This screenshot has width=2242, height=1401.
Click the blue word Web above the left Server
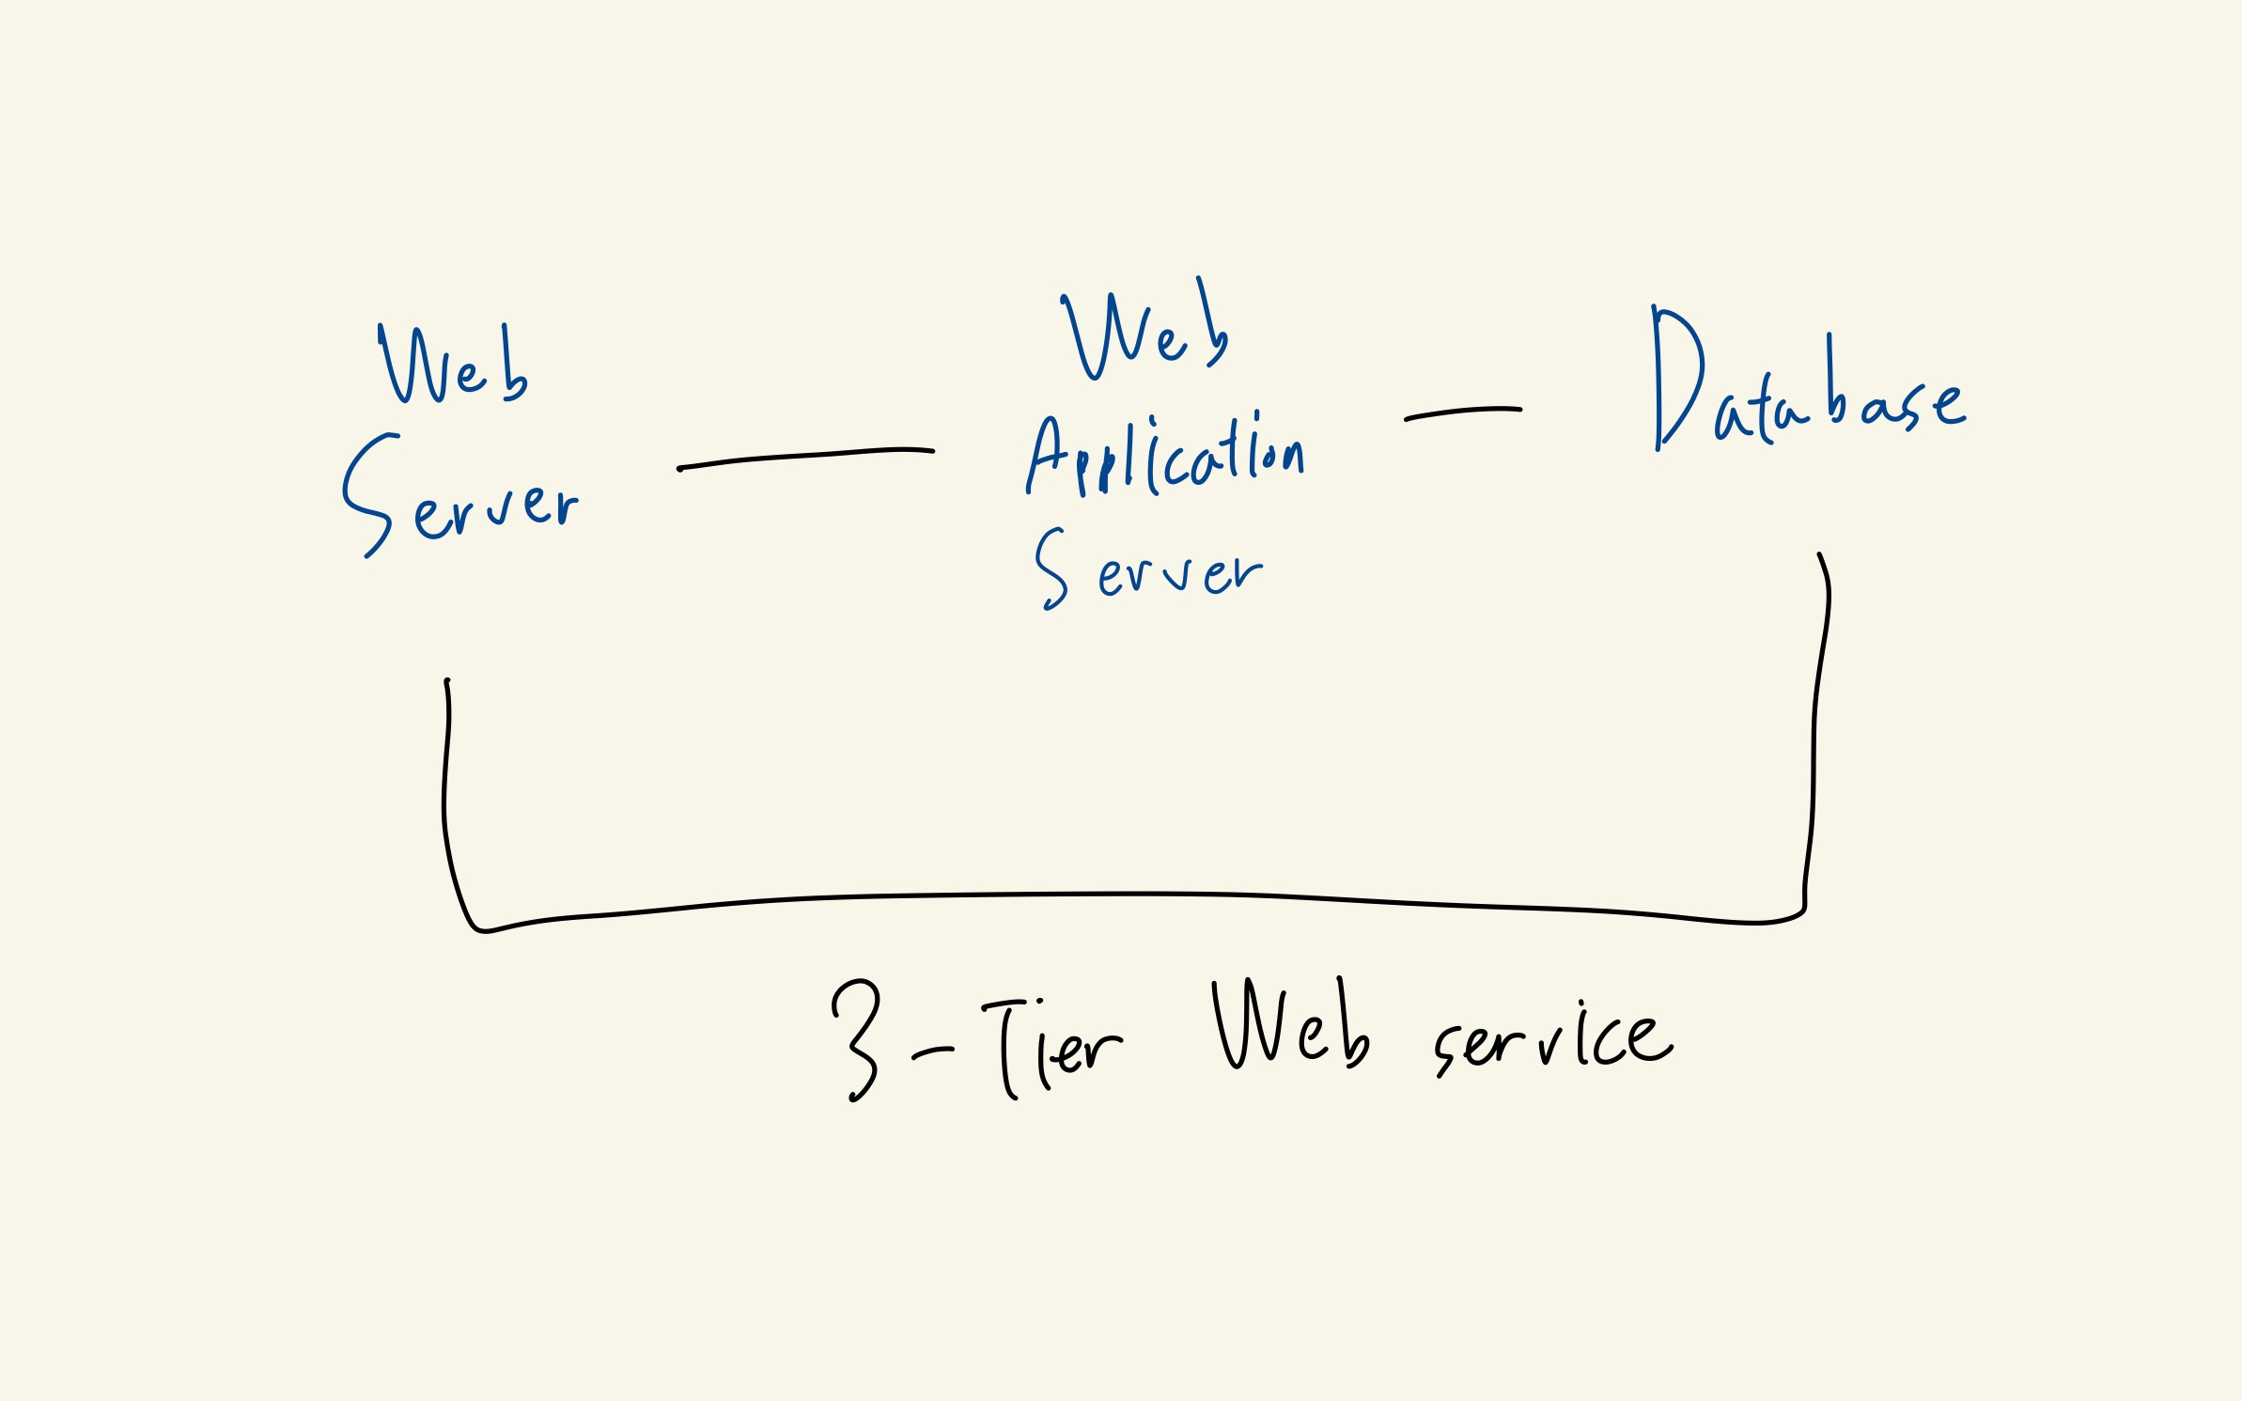pos(453,366)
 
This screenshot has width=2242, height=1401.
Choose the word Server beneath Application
pos(1148,569)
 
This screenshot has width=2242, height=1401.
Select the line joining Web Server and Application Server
pos(805,458)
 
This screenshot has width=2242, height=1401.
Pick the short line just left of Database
pos(1462,413)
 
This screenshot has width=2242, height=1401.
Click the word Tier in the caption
pos(1052,1049)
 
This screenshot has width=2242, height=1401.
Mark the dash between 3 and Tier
pos(932,1053)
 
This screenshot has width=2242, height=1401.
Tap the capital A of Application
pos(1046,456)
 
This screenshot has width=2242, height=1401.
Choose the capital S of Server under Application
pos(1051,568)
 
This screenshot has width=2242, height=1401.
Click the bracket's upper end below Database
pos(1820,556)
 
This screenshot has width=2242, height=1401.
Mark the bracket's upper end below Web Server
pos(447,682)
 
